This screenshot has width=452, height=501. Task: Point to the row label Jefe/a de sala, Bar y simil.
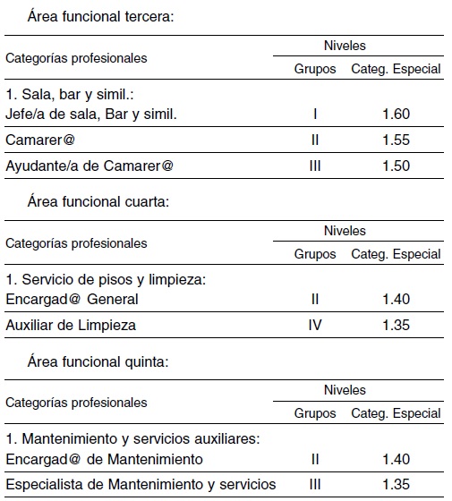[91, 114]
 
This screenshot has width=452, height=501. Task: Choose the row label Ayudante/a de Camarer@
[90, 166]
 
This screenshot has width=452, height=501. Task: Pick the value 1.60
[396, 114]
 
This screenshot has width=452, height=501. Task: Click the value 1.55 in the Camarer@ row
[396, 141]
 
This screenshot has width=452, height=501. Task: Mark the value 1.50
[396, 166]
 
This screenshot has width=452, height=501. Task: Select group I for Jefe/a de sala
[315, 114]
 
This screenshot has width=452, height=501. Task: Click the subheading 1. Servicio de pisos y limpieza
[106, 279]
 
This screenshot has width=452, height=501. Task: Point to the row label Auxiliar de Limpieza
[71, 326]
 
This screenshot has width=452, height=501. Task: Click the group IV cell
[315, 326]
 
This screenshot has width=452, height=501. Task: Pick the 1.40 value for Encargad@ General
[396, 299]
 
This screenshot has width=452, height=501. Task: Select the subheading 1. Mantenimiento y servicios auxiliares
[132, 439]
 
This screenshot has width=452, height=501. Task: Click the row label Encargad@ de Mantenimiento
[104, 459]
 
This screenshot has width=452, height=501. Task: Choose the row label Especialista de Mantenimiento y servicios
[141, 486]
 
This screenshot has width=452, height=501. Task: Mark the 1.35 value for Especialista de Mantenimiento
[396, 486]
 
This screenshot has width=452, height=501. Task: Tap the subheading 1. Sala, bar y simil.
[70, 94]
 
